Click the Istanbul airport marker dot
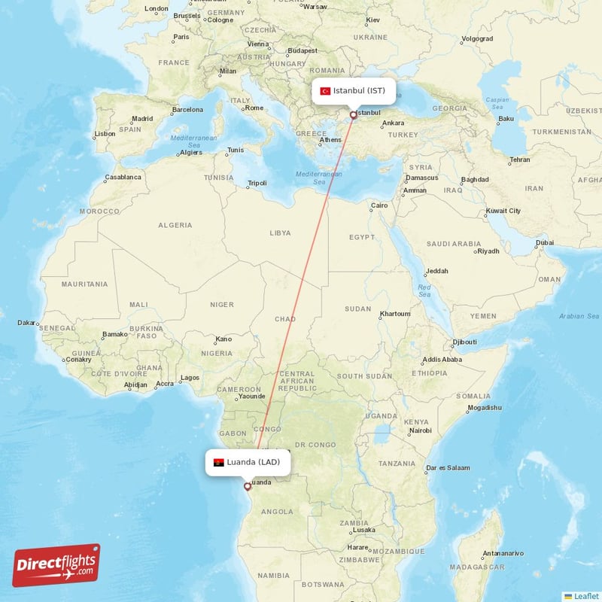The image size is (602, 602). coord(353,116)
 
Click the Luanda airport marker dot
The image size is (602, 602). coord(247,486)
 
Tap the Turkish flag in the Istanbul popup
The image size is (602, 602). coord(326,91)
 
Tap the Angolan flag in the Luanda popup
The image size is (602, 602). coord(219,462)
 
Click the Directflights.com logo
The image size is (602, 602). coord(56,565)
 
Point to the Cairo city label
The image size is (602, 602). coord(379,205)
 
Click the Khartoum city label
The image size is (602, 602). coord(395,314)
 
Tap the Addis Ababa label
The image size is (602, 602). coord(442,360)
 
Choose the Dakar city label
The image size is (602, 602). coord(26,323)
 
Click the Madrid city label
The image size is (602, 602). coord(142,118)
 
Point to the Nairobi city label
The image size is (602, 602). coord(420,430)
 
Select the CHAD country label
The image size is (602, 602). coord(285,319)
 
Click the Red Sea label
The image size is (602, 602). coord(424,290)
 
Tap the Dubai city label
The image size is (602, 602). coord(546,243)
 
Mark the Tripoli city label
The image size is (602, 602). coord(257,183)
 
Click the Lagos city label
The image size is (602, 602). coord(190,378)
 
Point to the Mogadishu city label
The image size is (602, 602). coord(484,408)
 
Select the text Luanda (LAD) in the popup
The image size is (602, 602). coord(258,462)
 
